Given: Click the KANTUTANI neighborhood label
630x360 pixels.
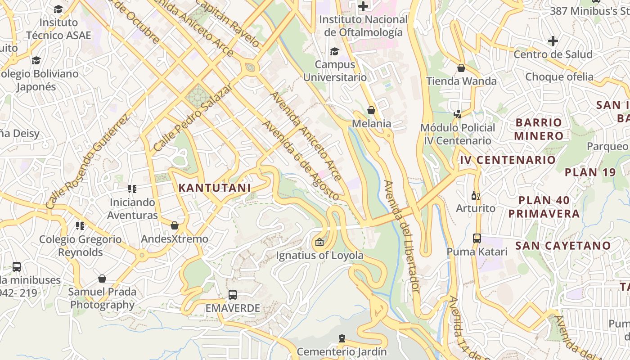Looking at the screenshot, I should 214,188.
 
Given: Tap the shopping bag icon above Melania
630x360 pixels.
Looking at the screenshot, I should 371,110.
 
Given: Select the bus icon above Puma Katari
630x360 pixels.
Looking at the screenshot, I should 477,238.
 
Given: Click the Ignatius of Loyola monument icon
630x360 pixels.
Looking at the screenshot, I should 319,243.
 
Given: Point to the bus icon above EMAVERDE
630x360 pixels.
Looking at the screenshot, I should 233,295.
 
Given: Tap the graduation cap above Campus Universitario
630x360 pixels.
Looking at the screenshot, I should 334,51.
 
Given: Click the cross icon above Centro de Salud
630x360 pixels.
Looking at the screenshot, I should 553,41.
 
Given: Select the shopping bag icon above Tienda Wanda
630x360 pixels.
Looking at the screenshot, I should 461,68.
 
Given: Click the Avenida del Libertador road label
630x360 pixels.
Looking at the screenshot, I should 402,236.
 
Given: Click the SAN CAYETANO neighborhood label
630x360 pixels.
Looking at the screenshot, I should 563,246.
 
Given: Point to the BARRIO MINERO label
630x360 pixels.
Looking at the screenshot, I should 539,129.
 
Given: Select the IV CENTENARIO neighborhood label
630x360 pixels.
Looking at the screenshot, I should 508,160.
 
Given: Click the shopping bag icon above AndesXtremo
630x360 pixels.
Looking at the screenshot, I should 175,225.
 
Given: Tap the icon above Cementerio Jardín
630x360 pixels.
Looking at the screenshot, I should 342,338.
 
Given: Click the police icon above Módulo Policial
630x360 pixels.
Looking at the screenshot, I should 458,114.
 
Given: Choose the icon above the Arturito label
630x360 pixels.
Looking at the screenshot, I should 475,195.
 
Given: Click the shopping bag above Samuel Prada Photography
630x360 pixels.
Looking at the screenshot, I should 102,279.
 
